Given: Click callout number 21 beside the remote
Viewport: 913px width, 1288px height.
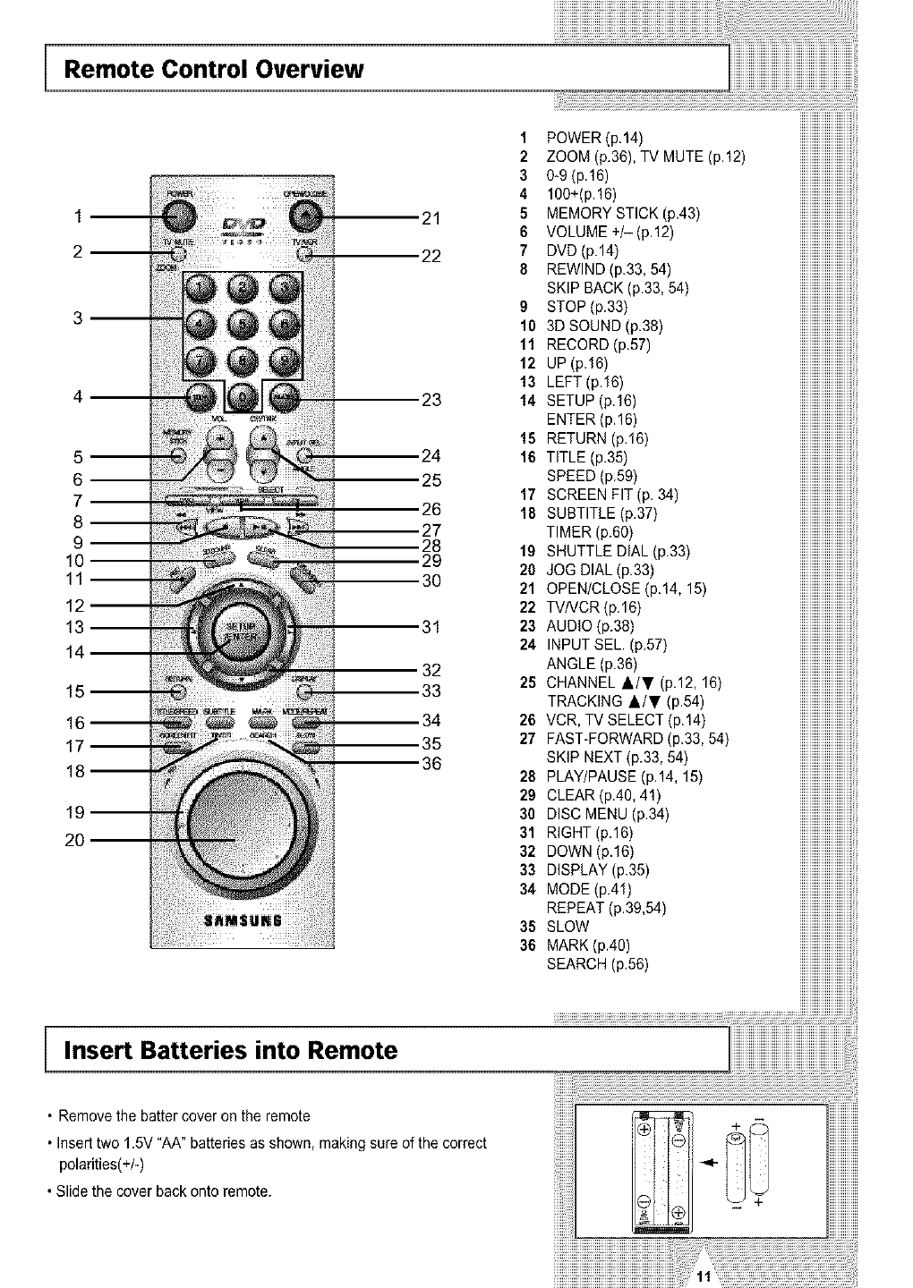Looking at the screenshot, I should click(x=431, y=217).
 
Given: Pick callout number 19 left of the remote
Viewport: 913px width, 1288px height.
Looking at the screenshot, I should click(x=75, y=812).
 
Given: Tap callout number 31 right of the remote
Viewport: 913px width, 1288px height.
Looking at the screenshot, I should click(x=431, y=626).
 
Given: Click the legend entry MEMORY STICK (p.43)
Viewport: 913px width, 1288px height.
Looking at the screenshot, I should click(x=623, y=213).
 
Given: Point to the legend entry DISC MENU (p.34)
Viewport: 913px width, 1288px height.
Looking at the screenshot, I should click(x=608, y=813).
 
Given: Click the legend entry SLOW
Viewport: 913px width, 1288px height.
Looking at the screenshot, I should click(x=567, y=926).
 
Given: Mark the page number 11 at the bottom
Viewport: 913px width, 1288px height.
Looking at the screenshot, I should click(x=704, y=1275).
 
